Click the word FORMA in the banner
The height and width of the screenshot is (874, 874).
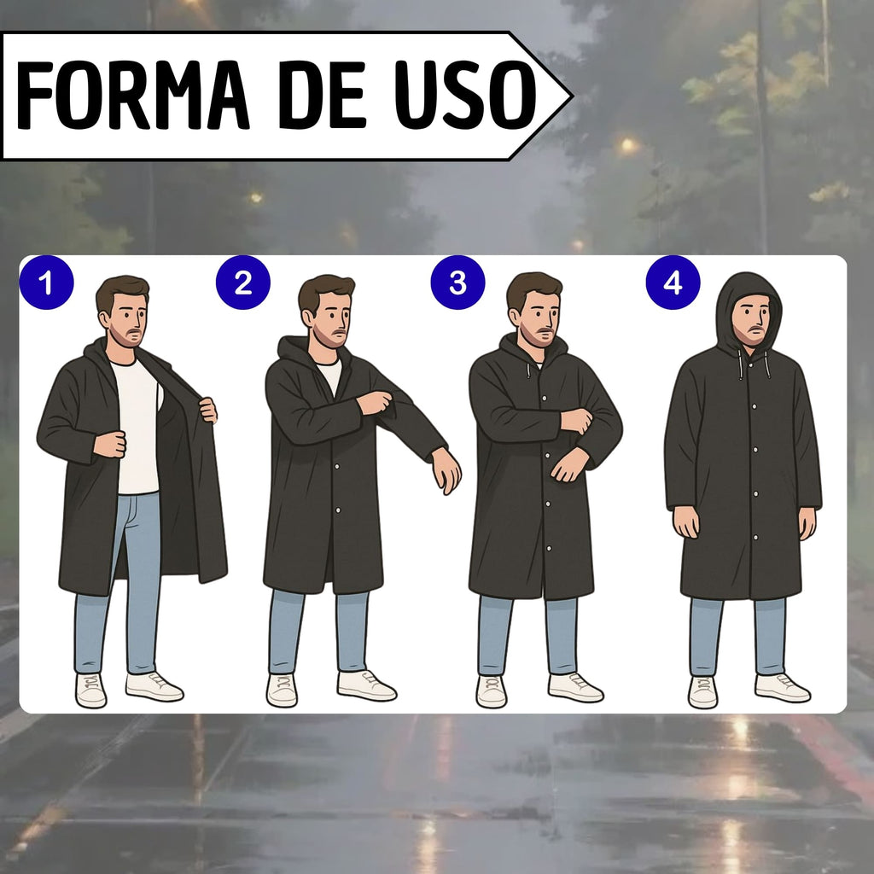tap(132, 95)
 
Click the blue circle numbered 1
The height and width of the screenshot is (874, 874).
tap(46, 283)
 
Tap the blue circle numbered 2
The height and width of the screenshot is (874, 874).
tap(243, 283)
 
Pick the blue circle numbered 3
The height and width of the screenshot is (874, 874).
tap(457, 283)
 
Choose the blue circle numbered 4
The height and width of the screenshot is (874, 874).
tap(673, 283)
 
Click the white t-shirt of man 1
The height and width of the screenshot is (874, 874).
tap(137, 427)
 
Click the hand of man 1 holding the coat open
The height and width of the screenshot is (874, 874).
tap(208, 410)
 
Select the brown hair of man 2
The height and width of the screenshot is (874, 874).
tap(324, 291)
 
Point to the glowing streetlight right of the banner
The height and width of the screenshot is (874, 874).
tap(628, 145)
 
